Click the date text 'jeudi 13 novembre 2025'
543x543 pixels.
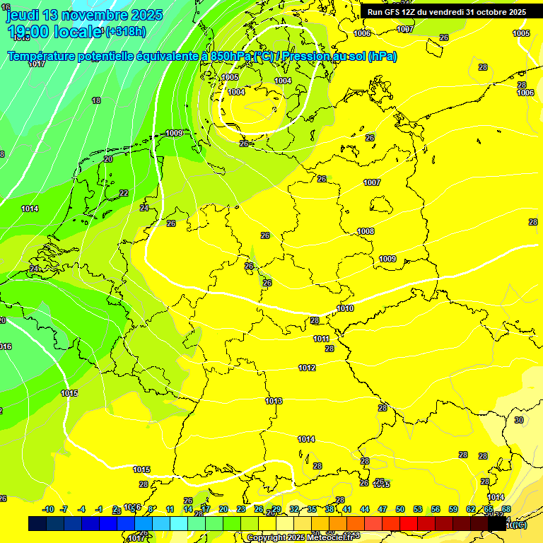(x=84, y=14)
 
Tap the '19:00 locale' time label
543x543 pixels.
(x=55, y=31)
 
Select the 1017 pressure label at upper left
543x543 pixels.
(x=37, y=64)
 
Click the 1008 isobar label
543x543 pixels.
(x=366, y=231)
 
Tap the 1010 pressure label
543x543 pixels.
(x=345, y=308)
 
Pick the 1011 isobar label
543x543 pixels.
(x=322, y=339)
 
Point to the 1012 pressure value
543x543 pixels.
(x=307, y=368)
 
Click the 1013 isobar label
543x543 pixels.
(x=274, y=401)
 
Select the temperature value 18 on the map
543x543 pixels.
(x=96, y=101)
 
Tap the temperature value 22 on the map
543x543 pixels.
(x=124, y=193)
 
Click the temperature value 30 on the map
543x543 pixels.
(x=519, y=420)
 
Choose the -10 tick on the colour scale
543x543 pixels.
(x=48, y=509)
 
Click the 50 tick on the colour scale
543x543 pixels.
(x=400, y=509)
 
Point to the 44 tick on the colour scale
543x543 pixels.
(x=365, y=509)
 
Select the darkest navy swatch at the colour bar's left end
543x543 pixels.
(x=37, y=523)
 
